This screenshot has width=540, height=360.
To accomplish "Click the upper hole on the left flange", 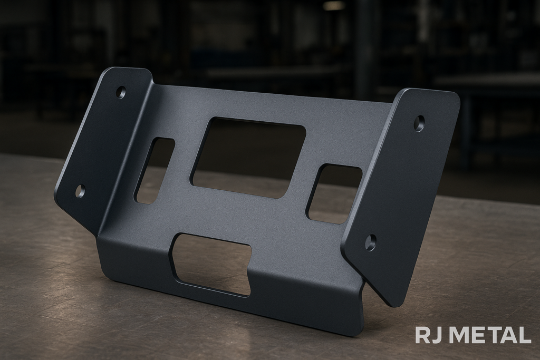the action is click(x=121, y=92).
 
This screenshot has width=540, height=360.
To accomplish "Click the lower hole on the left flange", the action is click(x=80, y=191).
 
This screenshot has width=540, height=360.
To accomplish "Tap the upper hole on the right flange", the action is click(x=419, y=123).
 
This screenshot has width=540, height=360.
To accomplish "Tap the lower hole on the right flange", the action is click(x=371, y=242).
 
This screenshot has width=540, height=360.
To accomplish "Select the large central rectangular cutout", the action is click(x=248, y=157).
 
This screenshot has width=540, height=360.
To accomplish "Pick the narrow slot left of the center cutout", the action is click(x=154, y=171).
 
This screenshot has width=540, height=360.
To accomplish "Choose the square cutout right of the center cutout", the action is click(x=334, y=194).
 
